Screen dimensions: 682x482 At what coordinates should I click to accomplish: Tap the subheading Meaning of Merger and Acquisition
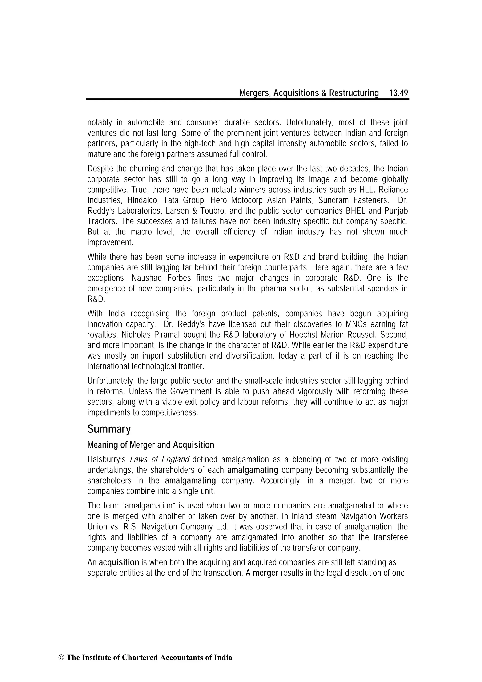pos(151,445)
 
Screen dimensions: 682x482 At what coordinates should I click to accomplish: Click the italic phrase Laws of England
pos(160,460)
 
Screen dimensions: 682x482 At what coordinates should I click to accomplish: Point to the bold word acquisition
pos(119,562)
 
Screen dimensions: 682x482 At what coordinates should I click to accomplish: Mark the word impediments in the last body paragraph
pos(106,413)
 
